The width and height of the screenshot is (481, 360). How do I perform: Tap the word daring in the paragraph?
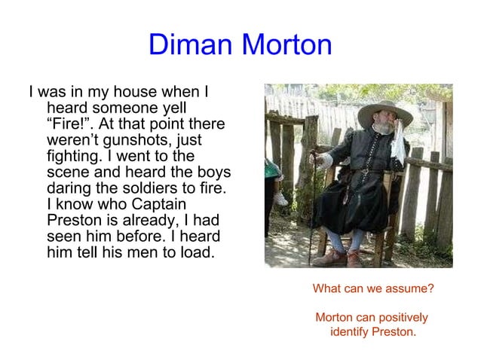tap(69, 188)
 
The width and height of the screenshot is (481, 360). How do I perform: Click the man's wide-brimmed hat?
tap(384, 112)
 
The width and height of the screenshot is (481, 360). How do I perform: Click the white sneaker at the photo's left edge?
tap(280, 199)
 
